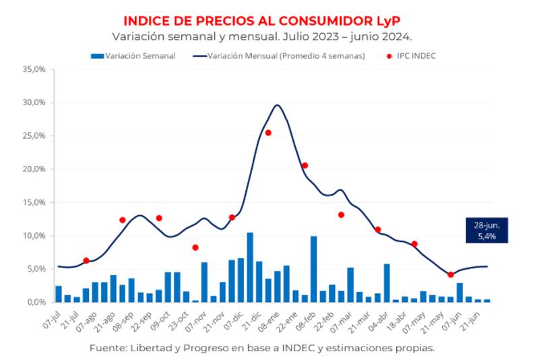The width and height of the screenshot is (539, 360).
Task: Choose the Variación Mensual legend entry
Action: tap(280, 56)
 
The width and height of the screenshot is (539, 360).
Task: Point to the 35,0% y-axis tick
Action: tap(34, 69)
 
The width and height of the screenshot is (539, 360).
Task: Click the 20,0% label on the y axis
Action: tap(34, 169)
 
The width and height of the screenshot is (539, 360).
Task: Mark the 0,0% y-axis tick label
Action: tap(35, 302)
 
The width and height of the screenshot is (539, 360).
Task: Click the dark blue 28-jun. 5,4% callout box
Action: tap(486, 230)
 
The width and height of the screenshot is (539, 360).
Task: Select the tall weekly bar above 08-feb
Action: tap(313, 270)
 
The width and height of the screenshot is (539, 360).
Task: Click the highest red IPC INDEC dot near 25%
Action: tap(268, 133)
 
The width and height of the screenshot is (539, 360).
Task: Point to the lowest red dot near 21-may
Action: tap(451, 274)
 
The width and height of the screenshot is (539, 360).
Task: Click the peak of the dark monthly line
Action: tap(277, 105)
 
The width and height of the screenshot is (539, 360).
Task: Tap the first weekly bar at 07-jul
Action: tap(59, 294)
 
